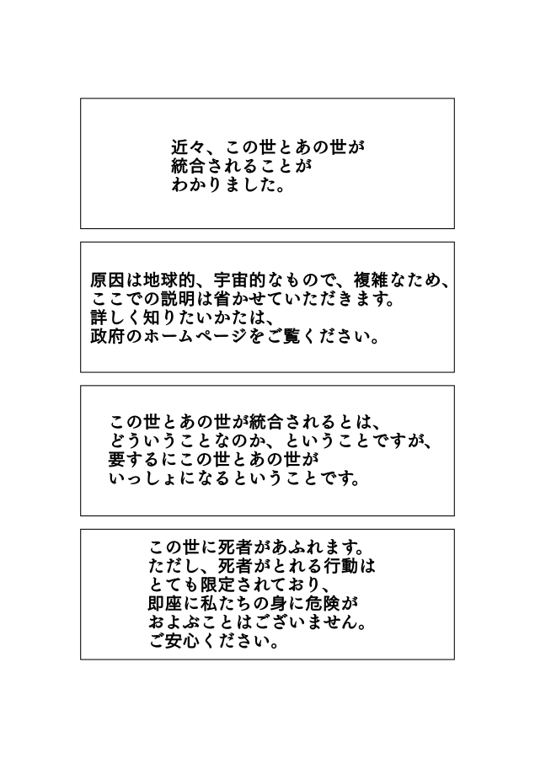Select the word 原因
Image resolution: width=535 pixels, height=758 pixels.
point(108,280)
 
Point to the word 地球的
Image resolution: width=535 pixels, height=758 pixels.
point(169,280)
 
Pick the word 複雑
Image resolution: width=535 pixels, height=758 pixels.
point(371,280)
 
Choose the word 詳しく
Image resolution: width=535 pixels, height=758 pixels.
point(116,318)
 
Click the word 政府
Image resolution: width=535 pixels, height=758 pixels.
point(108,336)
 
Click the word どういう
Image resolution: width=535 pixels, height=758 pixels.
point(144,440)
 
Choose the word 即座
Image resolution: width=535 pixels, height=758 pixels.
point(166,604)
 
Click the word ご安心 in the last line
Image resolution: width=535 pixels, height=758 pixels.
point(174,642)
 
